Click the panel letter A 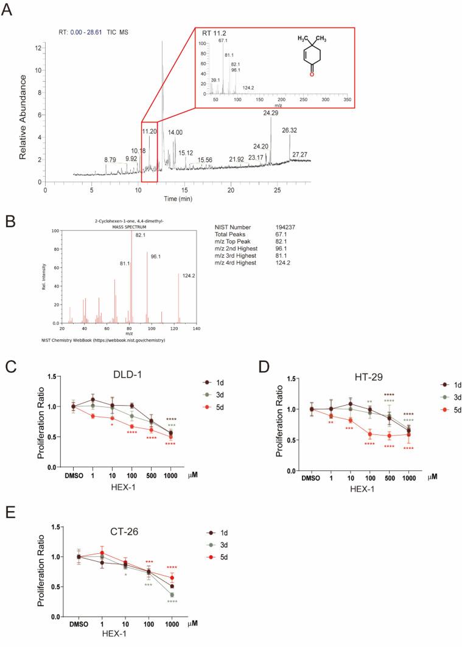[9, 9]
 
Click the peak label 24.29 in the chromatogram [271, 113]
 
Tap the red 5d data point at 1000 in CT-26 [172, 578]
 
